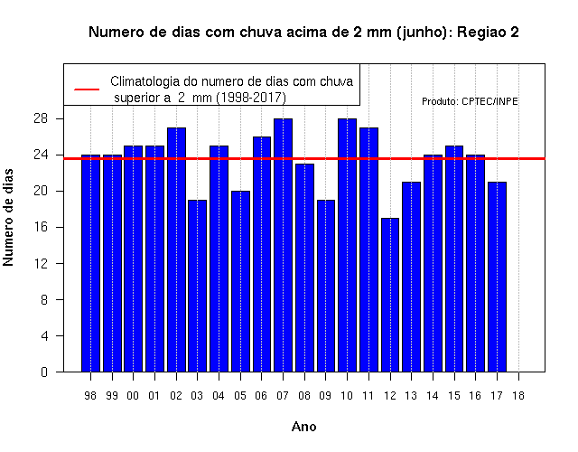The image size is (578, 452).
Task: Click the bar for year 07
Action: (x=283, y=245)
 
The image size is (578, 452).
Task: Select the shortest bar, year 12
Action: (x=390, y=295)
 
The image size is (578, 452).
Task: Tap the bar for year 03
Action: (x=197, y=286)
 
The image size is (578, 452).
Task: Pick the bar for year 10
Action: (x=347, y=245)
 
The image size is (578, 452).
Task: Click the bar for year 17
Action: (x=497, y=277)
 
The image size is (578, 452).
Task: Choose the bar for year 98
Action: (x=90, y=263)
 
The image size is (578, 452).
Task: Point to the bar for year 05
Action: (x=240, y=281)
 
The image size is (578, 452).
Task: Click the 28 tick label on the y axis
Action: (x=41, y=118)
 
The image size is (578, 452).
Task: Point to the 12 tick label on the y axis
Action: (x=41, y=263)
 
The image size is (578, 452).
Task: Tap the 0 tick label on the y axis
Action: (x=44, y=372)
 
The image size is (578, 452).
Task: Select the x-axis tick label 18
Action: (x=518, y=396)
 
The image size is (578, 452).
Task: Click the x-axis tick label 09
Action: (x=325, y=396)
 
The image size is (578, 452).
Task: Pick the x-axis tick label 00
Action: (x=133, y=396)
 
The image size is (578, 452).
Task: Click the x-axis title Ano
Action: (x=303, y=427)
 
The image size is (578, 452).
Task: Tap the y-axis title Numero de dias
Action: (x=8, y=217)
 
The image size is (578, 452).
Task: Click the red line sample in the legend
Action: (x=87, y=89)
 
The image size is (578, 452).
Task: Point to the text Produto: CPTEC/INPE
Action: (x=470, y=101)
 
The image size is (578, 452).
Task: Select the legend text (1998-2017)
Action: (x=251, y=98)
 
